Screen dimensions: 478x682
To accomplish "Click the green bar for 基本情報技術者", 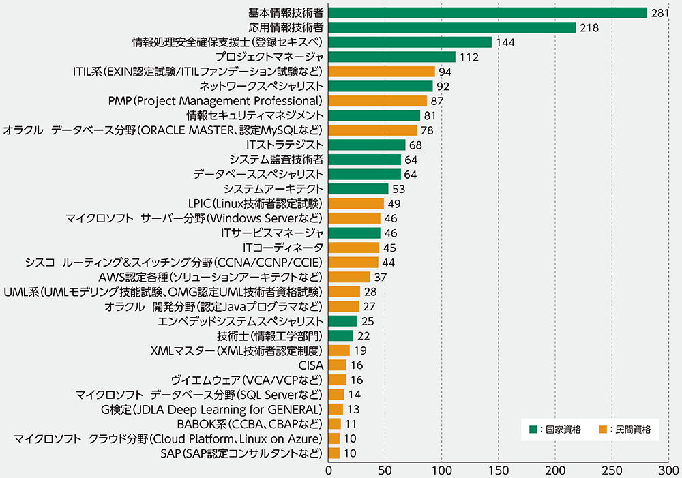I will tap(488, 13).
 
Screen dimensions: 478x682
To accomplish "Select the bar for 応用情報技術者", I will tap(452, 27).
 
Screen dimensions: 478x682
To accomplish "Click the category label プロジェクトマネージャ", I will tap(268, 57).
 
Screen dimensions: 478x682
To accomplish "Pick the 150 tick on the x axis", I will tap(499, 470).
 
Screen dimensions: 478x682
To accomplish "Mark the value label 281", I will tap(660, 13).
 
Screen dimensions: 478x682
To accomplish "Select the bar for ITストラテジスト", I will tap(367, 145).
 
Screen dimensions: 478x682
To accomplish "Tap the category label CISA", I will tap(310, 365).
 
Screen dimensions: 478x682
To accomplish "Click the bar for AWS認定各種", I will tap(349, 277).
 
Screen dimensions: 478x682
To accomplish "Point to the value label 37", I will tap(381, 277).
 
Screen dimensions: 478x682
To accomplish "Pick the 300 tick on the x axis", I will tap(668, 470).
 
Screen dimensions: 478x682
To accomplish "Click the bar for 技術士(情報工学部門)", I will tap(341, 335).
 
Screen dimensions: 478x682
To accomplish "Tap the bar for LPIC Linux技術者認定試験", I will tap(356, 203).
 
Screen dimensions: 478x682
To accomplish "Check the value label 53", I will tap(399, 189).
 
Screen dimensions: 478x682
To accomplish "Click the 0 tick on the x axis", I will tap(329, 470).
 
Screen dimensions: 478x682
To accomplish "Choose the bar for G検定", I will tap(336, 409).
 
